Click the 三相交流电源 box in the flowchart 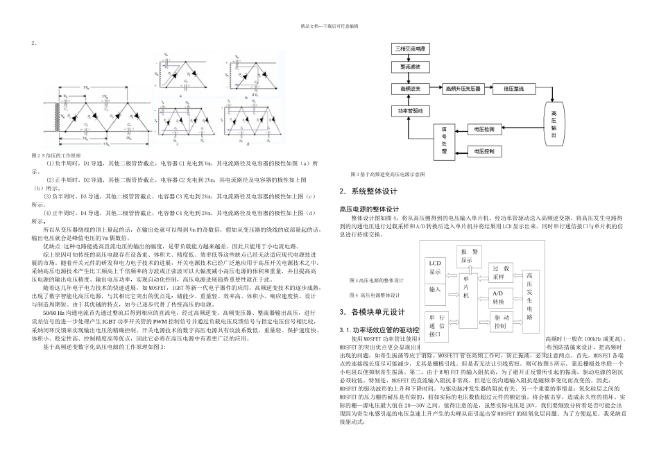(x=411, y=49)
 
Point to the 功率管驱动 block (x=411, y=110)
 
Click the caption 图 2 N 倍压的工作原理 (x=56, y=156)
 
